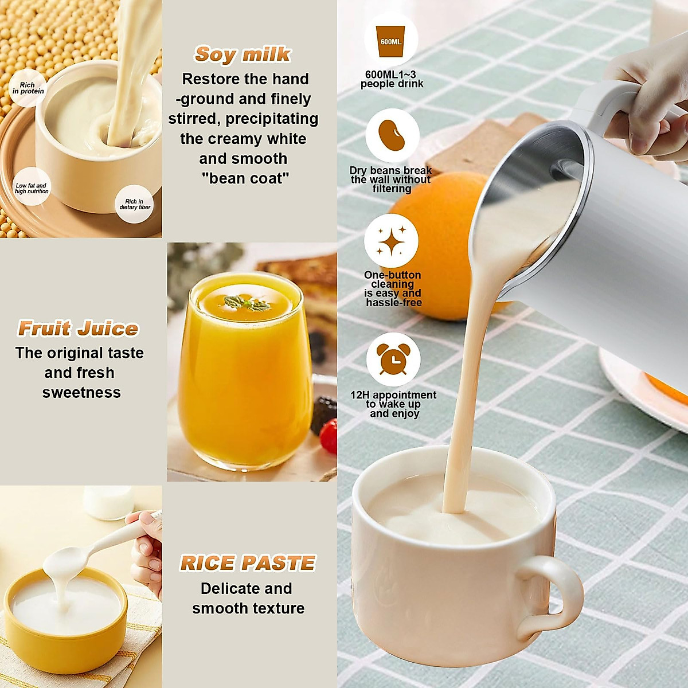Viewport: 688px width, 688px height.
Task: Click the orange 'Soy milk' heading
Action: pyautogui.click(x=243, y=54)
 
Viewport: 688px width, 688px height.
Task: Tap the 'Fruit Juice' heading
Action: pyautogui.click(x=78, y=329)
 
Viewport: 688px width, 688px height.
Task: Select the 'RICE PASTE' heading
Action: pyautogui.click(x=248, y=563)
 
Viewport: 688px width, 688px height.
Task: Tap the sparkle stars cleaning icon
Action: pyautogui.click(x=392, y=241)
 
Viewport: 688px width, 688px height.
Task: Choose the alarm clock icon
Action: pyautogui.click(x=393, y=359)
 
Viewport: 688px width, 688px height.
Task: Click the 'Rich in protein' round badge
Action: pyautogui.click(x=28, y=88)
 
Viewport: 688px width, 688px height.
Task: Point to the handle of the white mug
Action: pyautogui.click(x=548, y=596)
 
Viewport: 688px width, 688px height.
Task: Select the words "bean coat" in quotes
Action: pyautogui.click(x=245, y=178)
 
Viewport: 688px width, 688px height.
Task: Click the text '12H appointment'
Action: pyautogui.click(x=393, y=395)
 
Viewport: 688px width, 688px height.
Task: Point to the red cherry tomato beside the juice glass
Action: pyautogui.click(x=329, y=436)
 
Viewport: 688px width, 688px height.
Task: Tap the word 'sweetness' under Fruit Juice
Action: pyautogui.click(x=81, y=393)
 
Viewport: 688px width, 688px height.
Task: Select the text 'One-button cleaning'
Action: pyautogui.click(x=393, y=279)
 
